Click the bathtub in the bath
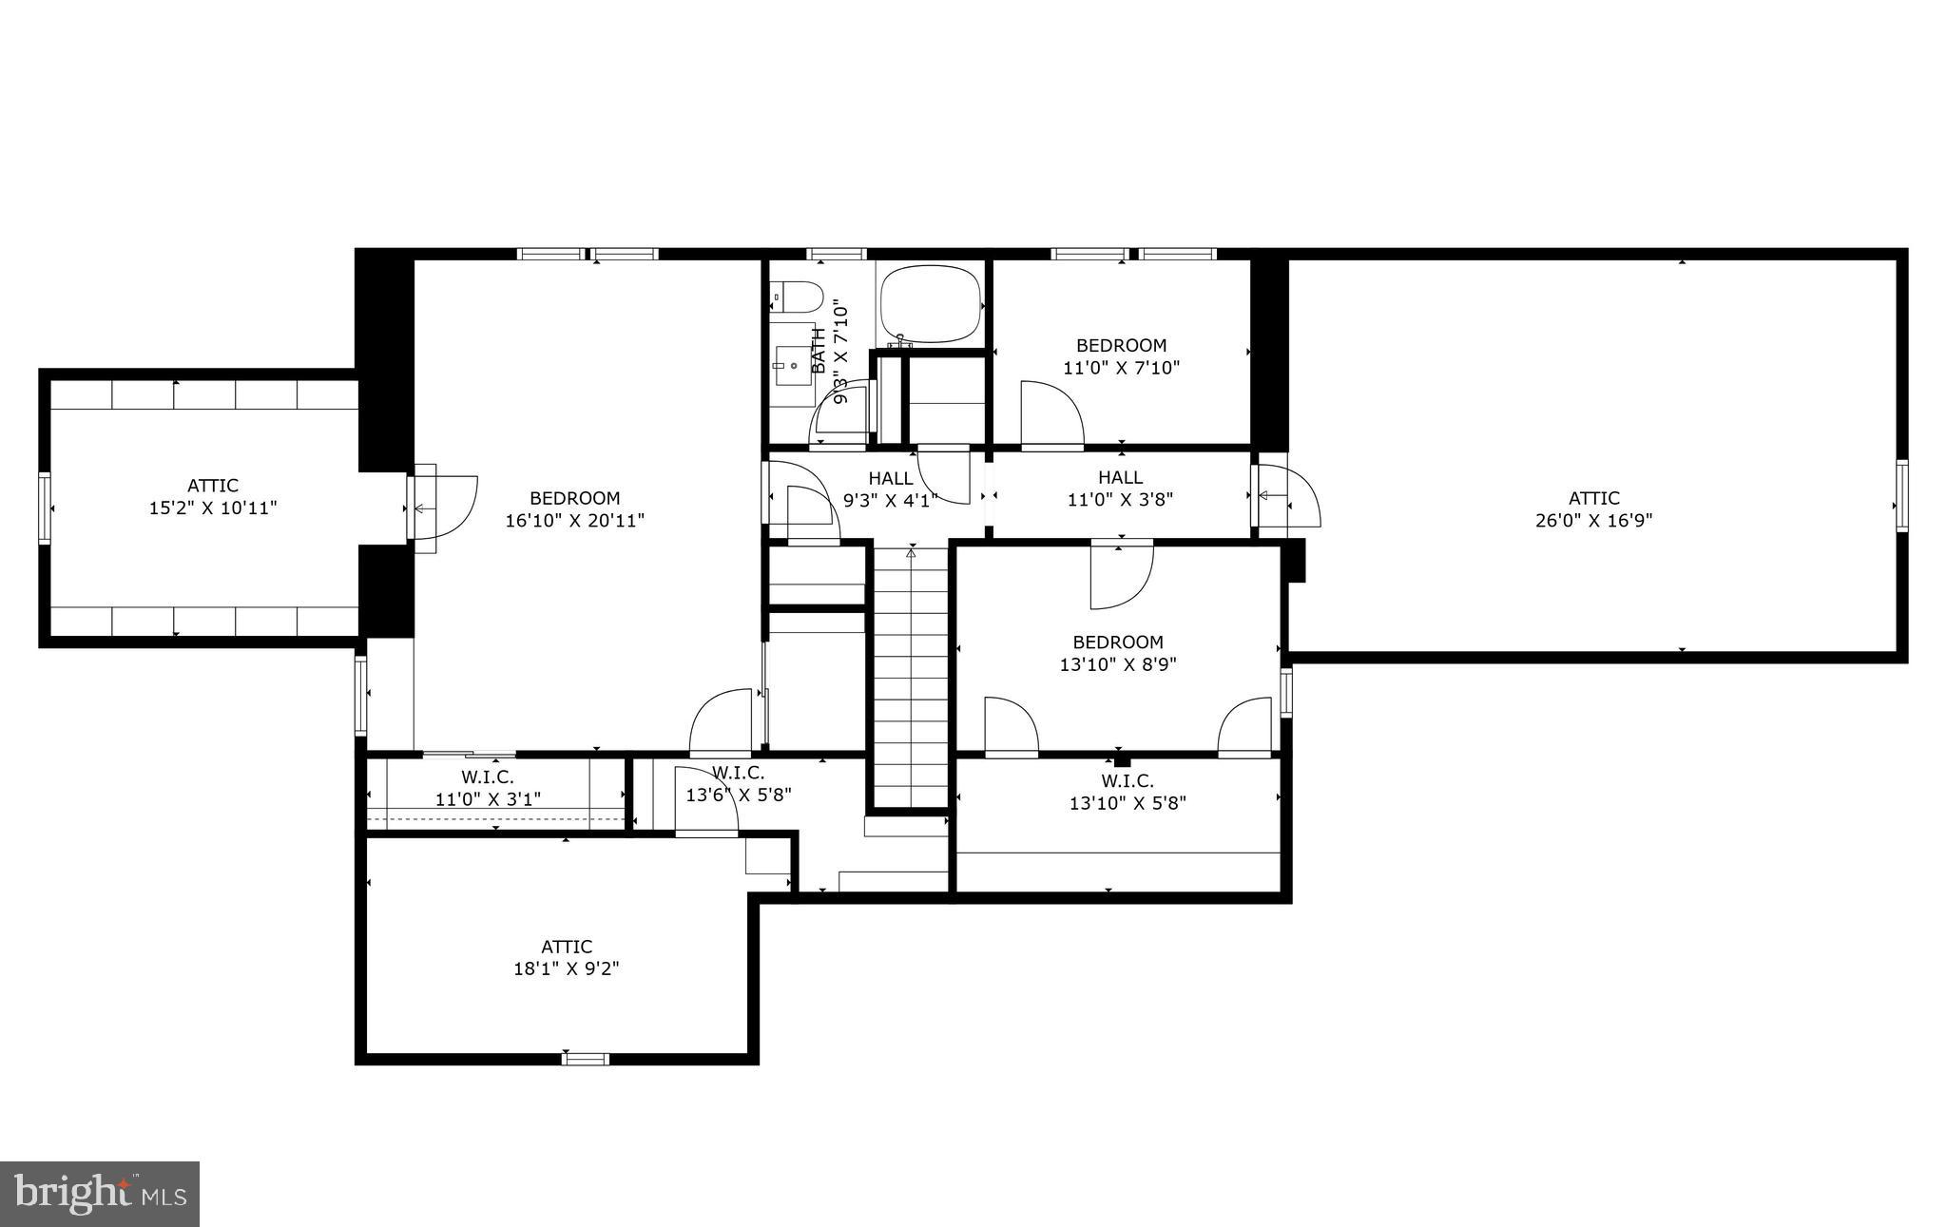(930, 304)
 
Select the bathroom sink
(794, 364)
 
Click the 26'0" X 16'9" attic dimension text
(1594, 521)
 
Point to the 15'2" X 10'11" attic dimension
(213, 508)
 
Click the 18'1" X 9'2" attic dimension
(567, 968)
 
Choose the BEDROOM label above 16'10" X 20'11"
(574, 498)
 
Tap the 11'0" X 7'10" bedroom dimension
(1121, 368)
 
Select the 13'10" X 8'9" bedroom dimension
(1118, 664)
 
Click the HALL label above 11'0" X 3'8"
(1120, 477)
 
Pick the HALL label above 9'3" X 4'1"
(891, 478)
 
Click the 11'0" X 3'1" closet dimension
(488, 799)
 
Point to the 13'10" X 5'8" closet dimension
(1128, 803)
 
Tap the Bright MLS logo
(100, 1194)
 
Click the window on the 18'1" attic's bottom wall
(585, 1058)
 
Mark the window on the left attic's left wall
(45, 508)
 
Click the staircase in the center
(911, 675)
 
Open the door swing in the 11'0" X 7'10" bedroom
(1051, 413)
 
